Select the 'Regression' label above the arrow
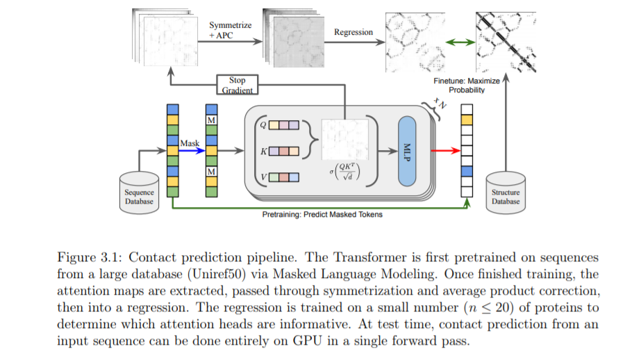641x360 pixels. tap(353, 32)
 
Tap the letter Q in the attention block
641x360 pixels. tap(263, 125)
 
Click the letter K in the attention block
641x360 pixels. tap(263, 150)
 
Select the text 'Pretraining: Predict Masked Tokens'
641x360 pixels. tap(322, 214)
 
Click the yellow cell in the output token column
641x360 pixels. tap(467, 120)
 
